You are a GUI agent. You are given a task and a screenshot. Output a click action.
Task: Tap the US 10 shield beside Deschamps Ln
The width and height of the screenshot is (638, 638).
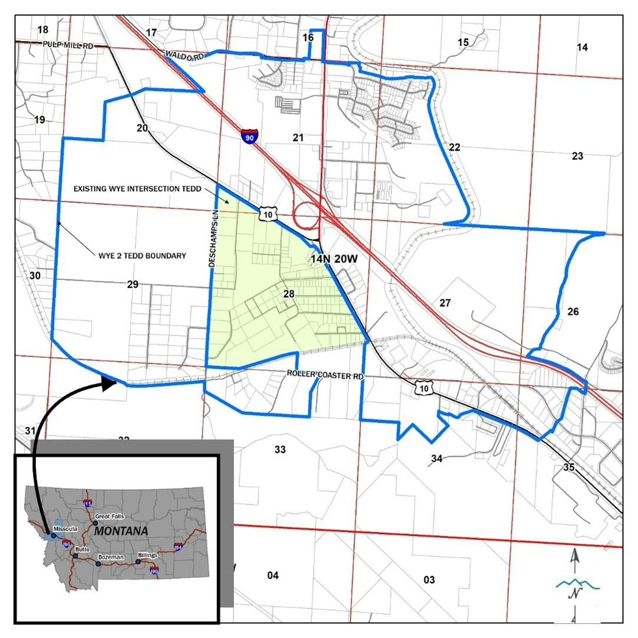click(x=267, y=215)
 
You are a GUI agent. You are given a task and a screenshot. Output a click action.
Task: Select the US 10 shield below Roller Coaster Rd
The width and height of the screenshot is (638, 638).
click(x=422, y=387)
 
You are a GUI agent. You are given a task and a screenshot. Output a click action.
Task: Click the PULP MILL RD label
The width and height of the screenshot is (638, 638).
click(x=68, y=45)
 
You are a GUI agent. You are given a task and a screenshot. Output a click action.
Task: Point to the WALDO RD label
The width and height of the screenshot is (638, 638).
click(x=185, y=55)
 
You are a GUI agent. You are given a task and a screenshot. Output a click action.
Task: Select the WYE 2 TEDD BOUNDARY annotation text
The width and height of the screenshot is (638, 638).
click(x=142, y=256)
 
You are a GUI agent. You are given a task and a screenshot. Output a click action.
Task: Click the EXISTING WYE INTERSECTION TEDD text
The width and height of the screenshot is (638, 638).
click(x=137, y=189)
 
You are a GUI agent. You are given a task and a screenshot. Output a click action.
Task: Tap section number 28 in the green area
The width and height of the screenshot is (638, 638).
click(x=289, y=293)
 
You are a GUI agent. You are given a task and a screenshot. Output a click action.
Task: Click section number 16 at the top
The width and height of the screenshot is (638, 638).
click(x=308, y=38)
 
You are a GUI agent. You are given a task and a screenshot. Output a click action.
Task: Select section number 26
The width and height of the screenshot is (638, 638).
click(x=573, y=311)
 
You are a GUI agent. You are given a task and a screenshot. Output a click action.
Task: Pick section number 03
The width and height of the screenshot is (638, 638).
click(x=429, y=580)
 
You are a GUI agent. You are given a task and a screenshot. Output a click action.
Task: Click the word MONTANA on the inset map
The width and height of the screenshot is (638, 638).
click(x=121, y=531)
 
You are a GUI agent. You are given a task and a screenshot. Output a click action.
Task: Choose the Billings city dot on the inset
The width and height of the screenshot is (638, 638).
click(x=138, y=561)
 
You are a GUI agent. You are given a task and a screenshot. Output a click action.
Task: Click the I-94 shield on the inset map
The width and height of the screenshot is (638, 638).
click(x=178, y=547)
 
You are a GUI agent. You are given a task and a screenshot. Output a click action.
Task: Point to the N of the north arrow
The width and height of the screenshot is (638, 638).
click(x=572, y=594)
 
